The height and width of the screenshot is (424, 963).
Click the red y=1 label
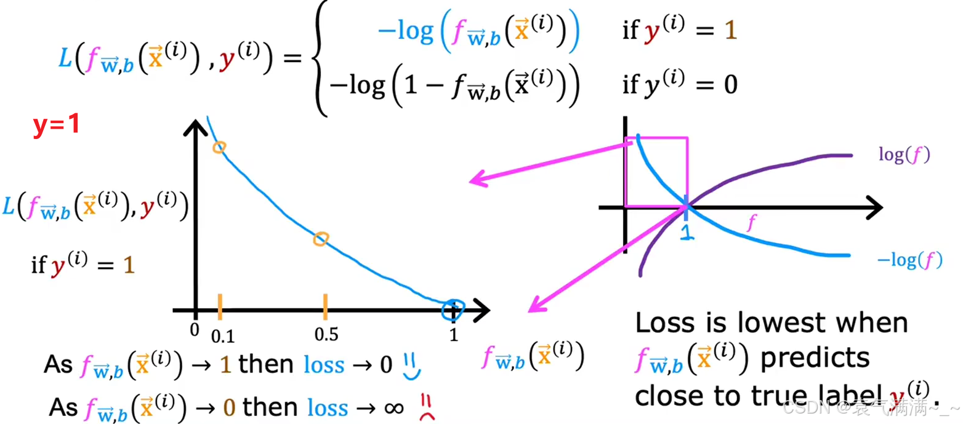56,126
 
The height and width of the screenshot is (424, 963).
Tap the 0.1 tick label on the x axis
223,335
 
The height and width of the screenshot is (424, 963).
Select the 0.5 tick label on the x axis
326,334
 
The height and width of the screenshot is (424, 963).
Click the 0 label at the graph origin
195,330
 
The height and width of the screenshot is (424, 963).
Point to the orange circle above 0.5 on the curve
320,239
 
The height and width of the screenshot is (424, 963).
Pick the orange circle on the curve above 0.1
219,147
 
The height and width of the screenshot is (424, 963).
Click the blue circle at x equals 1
453,309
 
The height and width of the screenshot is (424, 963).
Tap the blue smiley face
412,365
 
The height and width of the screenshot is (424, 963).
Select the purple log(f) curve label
903,155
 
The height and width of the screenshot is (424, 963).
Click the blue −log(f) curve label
909,262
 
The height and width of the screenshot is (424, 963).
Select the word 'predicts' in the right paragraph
815,359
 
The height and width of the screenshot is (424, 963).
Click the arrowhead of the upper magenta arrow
475,180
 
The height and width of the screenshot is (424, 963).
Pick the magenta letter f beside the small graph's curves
750,224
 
